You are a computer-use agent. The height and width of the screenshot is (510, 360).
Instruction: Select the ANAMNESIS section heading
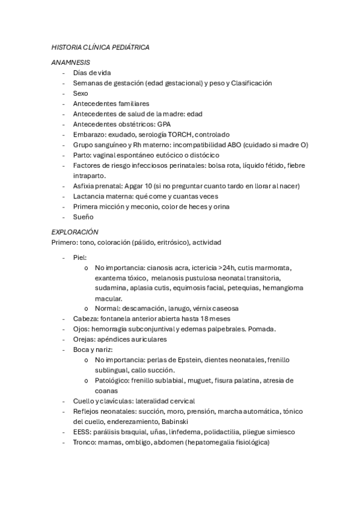click(71, 62)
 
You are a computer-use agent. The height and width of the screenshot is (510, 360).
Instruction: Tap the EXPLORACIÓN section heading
click(75, 232)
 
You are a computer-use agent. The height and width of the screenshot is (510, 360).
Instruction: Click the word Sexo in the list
click(81, 93)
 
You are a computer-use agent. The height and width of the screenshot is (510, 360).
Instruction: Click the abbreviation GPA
click(163, 124)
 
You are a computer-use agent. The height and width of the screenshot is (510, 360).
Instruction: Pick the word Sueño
click(83, 217)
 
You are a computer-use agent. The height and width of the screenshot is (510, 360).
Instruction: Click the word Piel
click(80, 257)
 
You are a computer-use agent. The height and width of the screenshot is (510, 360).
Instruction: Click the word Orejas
click(85, 339)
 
